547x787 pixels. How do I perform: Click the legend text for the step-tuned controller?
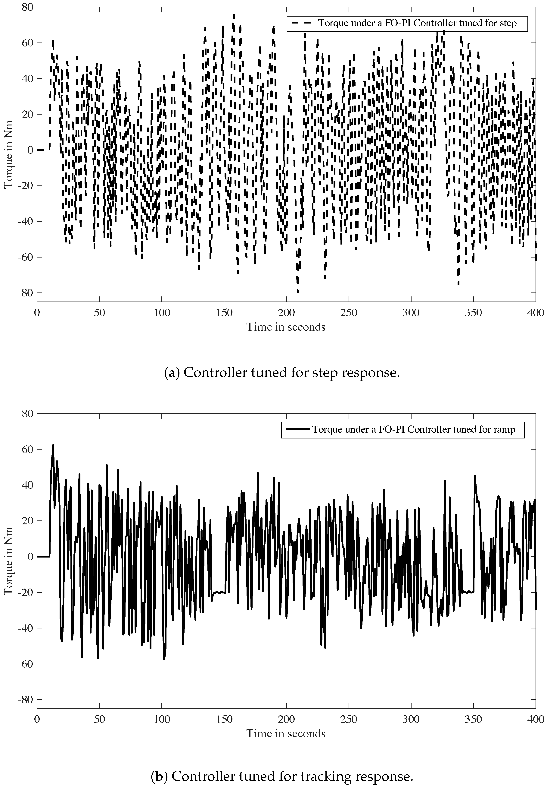417,23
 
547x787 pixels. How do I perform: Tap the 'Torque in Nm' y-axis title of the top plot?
8,154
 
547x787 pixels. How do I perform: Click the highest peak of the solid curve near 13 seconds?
53,445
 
